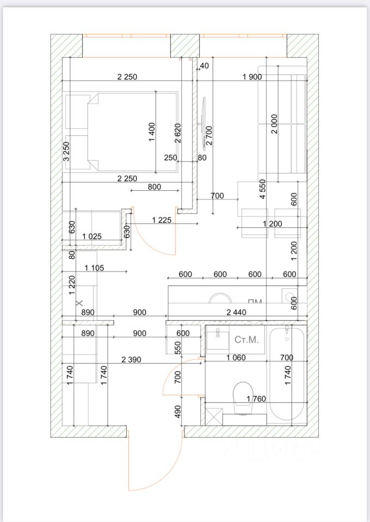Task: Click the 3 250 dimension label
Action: click(x=66, y=152)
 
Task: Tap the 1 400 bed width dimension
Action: click(x=152, y=132)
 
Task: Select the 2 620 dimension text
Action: click(x=177, y=133)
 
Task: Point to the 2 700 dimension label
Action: click(x=209, y=136)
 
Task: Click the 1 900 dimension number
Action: click(x=252, y=77)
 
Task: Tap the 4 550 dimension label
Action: click(x=262, y=189)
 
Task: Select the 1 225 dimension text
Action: click(x=162, y=220)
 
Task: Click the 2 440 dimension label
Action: click(x=236, y=312)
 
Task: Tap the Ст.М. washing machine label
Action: click(x=246, y=340)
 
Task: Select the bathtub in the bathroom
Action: click(x=288, y=375)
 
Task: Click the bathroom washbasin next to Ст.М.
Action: click(x=218, y=338)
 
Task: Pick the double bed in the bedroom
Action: click(x=122, y=131)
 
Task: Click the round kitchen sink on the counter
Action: click(x=220, y=298)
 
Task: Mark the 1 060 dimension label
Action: click(x=236, y=358)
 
